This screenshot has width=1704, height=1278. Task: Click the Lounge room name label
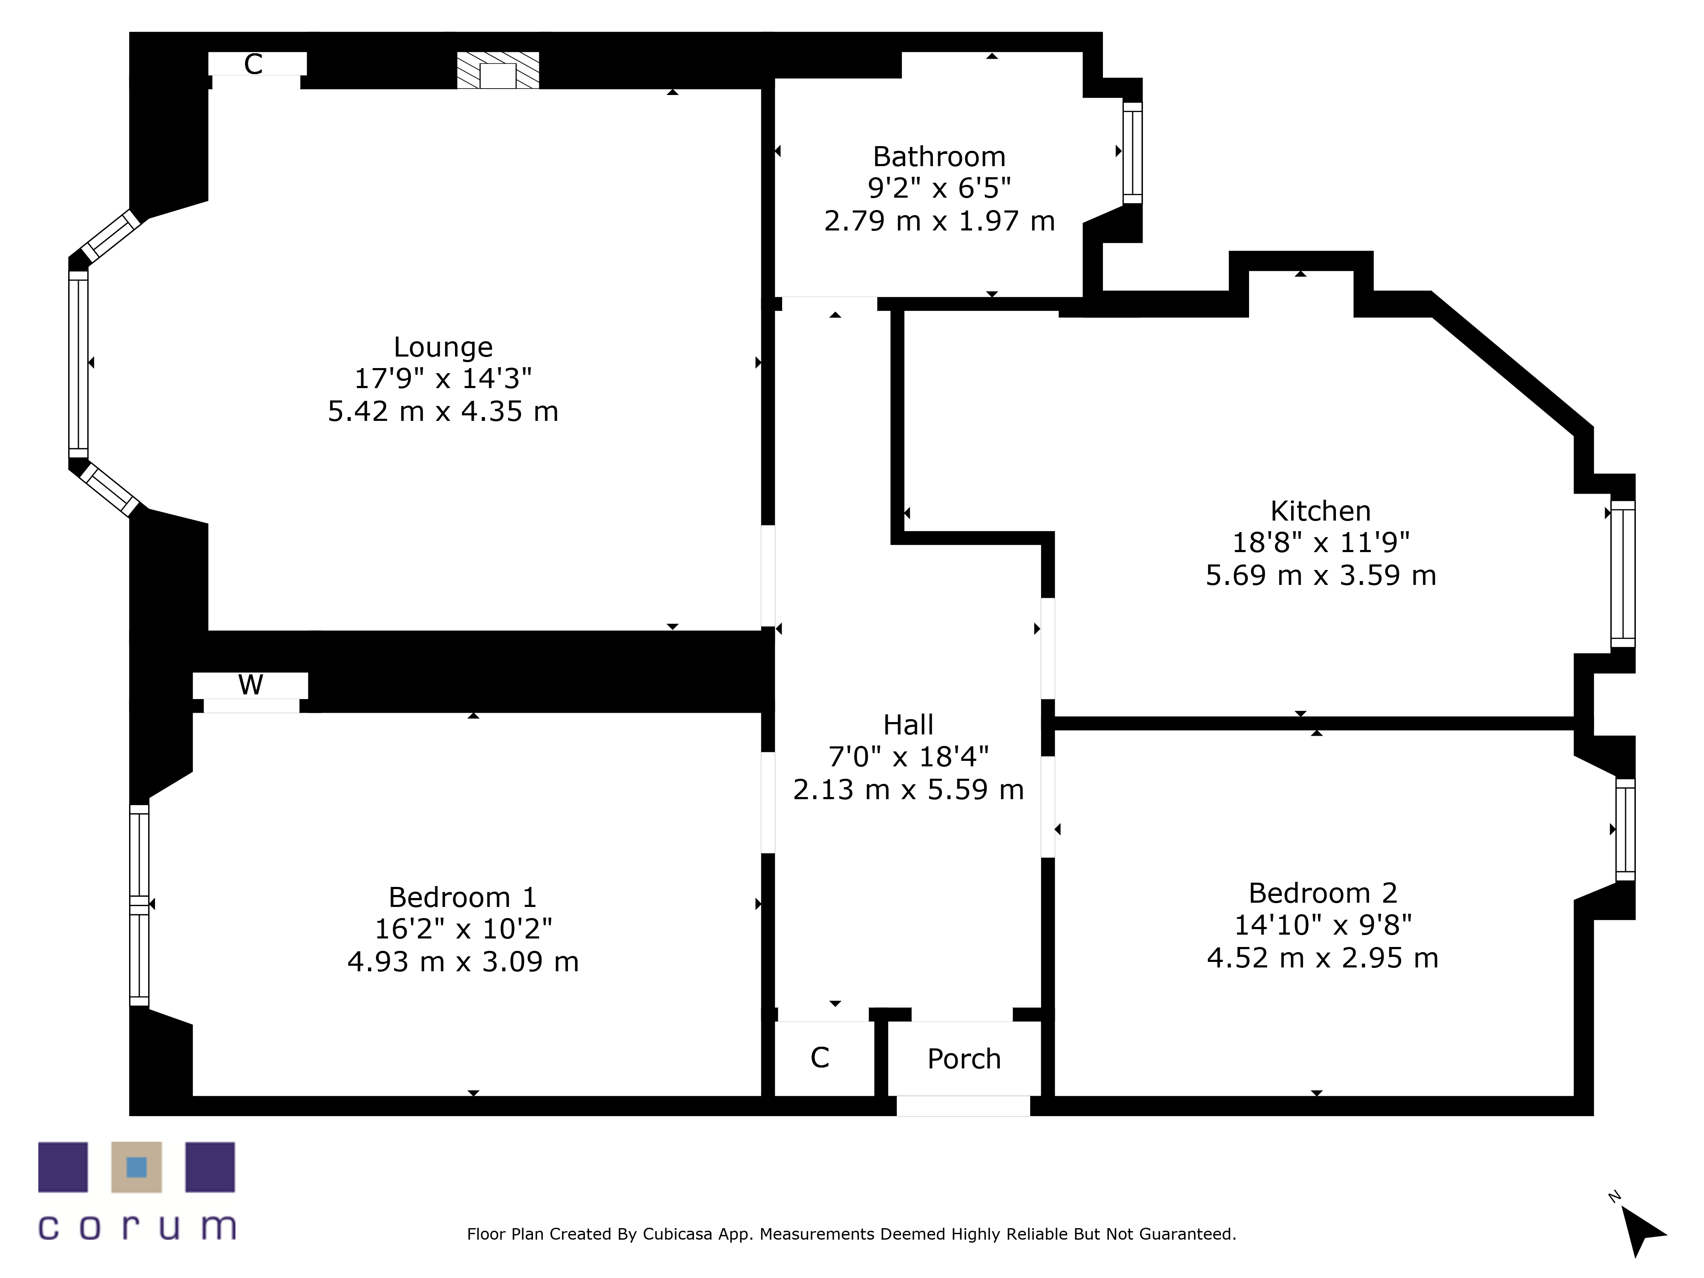(443, 348)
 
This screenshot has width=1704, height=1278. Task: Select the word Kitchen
(1320, 511)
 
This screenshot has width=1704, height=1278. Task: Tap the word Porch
(964, 1059)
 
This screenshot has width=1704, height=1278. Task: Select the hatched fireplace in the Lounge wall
(498, 70)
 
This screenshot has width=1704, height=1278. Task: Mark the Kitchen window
(1622, 574)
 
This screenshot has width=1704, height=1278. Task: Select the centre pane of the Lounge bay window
(78, 364)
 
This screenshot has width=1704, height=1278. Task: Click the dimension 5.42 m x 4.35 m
(443, 412)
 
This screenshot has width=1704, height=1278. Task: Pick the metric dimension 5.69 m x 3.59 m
(1320, 576)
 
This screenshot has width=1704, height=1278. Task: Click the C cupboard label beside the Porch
(820, 1058)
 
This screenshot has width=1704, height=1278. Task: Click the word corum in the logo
(137, 1226)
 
